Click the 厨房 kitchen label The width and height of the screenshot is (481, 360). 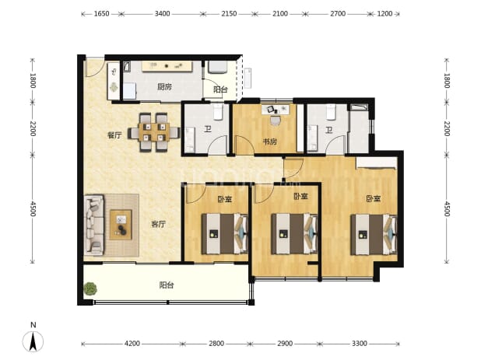coord(164,87)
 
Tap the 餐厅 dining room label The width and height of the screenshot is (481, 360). coord(114,135)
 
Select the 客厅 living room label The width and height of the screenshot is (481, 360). coord(158,224)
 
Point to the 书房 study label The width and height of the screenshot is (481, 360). coord(270,142)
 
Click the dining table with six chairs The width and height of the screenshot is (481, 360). coord(153,132)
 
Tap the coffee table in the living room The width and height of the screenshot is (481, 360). coord(121,225)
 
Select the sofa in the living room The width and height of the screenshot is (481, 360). coord(94,225)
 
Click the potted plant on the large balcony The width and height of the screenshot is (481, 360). coord(90,289)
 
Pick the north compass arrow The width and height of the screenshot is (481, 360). coord(33,341)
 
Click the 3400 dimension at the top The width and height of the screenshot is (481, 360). coord(162,14)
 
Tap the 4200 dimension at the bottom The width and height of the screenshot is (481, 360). coord(132,344)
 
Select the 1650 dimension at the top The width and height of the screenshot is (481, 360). coord(101,14)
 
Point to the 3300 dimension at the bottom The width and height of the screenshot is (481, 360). coord(360,344)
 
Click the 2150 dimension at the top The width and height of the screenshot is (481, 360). coord(229,14)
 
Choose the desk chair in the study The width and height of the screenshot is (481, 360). coord(276,121)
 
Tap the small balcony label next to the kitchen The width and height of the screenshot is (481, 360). coord(220,89)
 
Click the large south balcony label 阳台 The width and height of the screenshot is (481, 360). coord(167,285)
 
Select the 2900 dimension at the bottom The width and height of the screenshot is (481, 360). coord(285,344)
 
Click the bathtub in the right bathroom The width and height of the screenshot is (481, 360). coord(360,107)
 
